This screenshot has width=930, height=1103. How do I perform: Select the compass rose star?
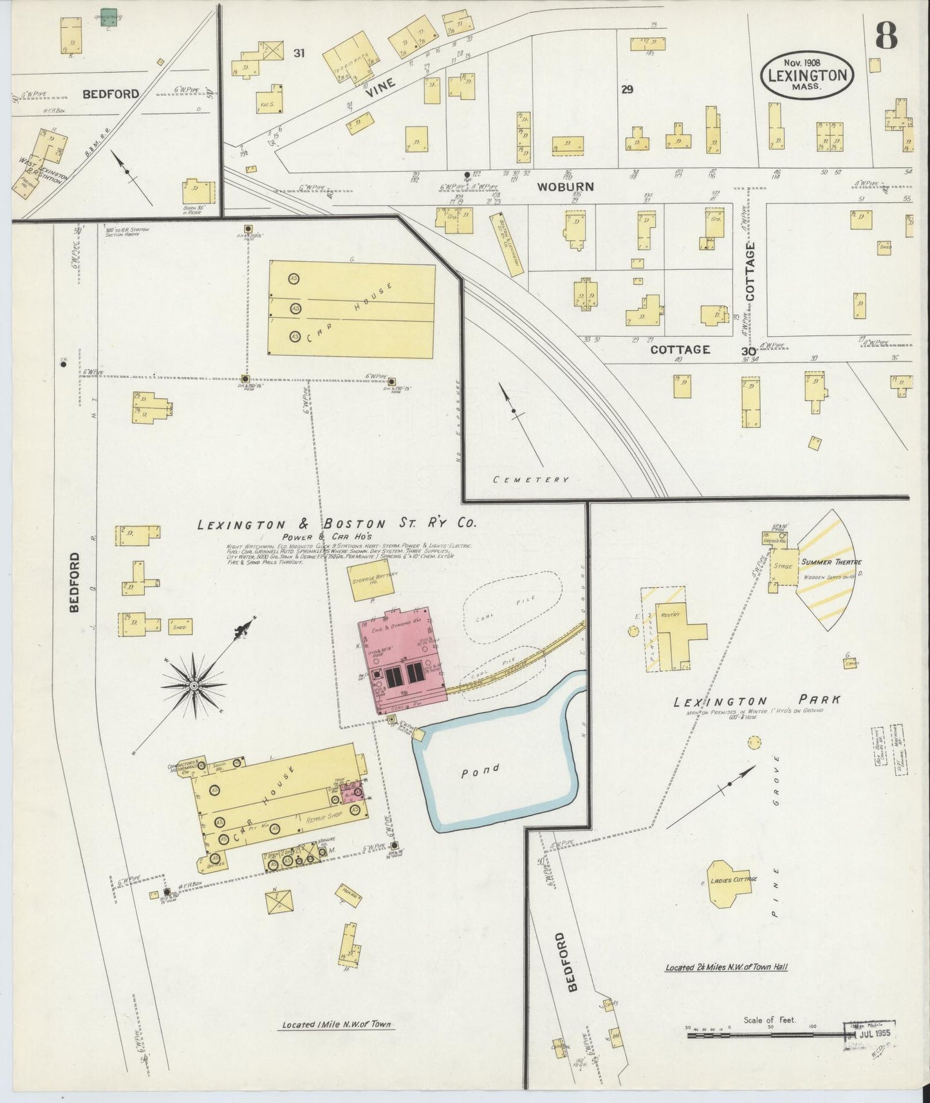(193, 686)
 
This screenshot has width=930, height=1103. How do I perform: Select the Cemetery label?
(531, 479)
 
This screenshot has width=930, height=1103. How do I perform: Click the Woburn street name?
(557, 187)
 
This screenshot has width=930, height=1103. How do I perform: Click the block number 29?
(627, 89)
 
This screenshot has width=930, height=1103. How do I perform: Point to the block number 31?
(299, 53)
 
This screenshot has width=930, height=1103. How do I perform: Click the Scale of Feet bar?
(766, 1035)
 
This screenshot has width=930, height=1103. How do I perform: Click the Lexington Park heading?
(757, 701)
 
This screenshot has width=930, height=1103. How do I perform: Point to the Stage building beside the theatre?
(783, 566)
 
